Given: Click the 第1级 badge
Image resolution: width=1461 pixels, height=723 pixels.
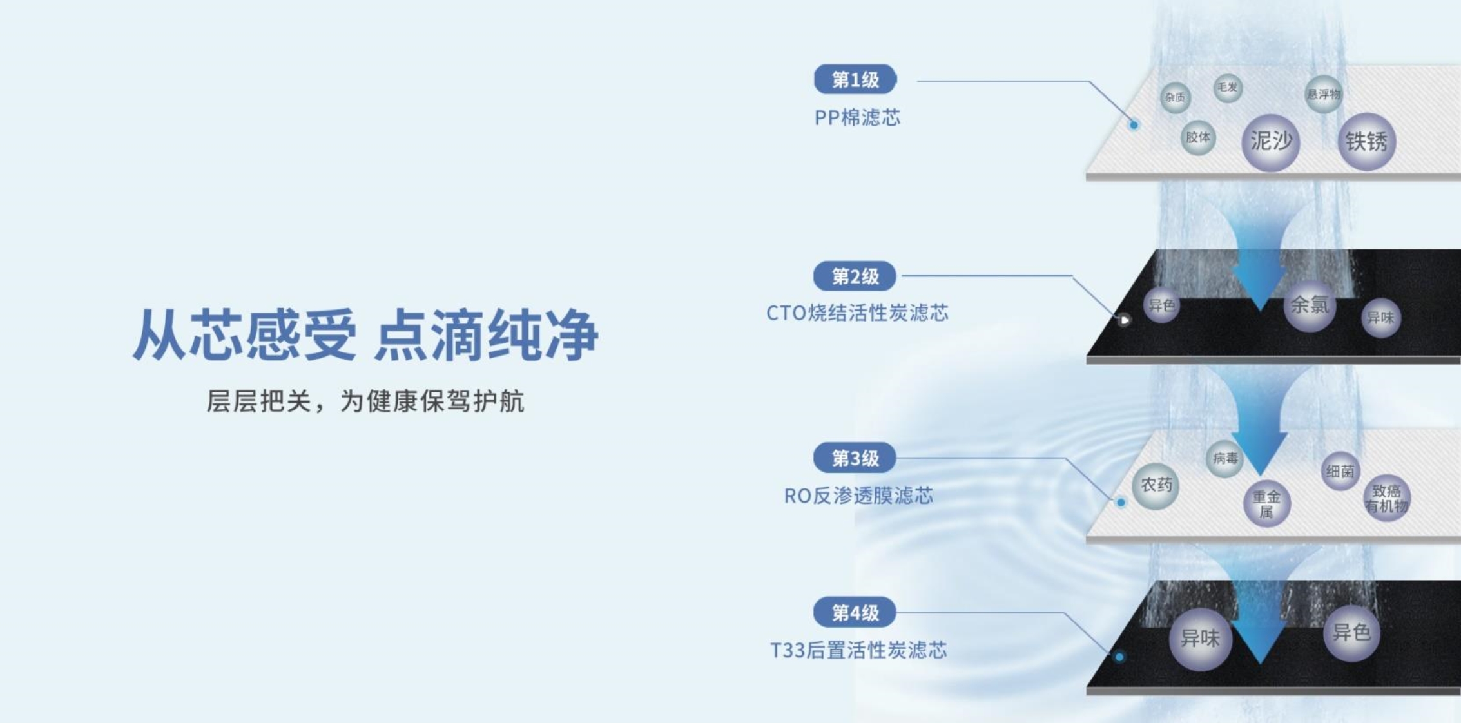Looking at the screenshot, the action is [x=855, y=79].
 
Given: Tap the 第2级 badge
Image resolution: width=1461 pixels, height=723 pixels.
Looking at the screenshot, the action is [x=855, y=276].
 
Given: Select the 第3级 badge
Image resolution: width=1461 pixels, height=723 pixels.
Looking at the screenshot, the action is [x=855, y=458].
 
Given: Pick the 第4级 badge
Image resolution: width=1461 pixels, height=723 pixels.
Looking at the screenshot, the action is [x=855, y=613].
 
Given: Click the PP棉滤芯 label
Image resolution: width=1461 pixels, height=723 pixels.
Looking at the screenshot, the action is [x=857, y=117].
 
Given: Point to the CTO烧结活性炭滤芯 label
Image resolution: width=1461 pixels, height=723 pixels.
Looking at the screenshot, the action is [x=857, y=313].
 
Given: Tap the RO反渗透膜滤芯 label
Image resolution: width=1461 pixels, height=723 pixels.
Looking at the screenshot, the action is [x=858, y=496].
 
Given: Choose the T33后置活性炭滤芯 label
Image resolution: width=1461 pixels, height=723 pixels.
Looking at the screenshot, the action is [x=858, y=650].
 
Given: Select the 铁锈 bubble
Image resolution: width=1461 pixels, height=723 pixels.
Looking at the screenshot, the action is [x=1366, y=142].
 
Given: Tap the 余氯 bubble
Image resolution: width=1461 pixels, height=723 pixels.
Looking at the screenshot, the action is [x=1310, y=305].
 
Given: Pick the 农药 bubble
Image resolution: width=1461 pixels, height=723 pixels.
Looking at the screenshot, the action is [x=1156, y=486].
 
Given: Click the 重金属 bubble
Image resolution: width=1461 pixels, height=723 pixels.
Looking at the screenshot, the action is [x=1266, y=504].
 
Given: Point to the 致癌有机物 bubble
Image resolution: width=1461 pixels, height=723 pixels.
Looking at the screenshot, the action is [x=1387, y=499].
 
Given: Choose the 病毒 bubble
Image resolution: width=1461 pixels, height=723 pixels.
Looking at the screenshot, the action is [x=1224, y=459].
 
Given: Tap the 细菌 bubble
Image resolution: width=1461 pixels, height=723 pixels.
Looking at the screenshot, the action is [x=1340, y=472].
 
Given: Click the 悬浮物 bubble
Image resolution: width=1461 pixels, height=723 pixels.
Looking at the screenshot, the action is [x=1324, y=95].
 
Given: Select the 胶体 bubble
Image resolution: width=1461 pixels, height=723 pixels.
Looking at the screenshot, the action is [x=1198, y=137].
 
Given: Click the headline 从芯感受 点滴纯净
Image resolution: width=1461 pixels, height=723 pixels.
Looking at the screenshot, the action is [x=365, y=334].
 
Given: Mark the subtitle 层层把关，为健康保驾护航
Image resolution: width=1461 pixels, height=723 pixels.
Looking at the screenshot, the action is [x=365, y=401].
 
